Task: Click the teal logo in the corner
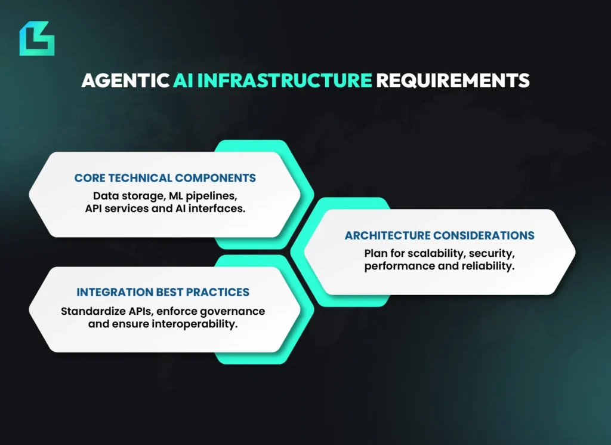(x=36, y=38)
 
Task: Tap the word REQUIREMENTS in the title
(x=452, y=81)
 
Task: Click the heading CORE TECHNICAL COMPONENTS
(x=165, y=178)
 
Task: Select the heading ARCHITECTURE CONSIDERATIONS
(x=440, y=235)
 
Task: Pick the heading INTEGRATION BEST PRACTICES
(x=163, y=293)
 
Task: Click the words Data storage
(x=121, y=195)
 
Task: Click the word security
(x=492, y=253)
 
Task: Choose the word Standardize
(x=90, y=311)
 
